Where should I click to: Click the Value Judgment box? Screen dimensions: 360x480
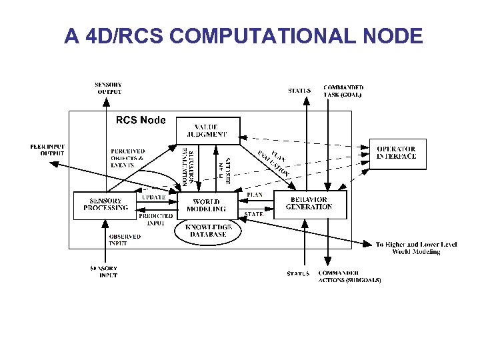210,131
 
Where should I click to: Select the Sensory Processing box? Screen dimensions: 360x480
106,205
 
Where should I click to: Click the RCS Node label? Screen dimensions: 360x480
141,121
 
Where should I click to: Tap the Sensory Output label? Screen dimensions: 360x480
109,88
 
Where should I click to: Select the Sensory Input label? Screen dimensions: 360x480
105,272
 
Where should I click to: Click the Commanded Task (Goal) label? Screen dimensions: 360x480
343,91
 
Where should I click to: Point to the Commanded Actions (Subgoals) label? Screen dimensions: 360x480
349,277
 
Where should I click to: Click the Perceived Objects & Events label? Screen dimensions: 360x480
128,158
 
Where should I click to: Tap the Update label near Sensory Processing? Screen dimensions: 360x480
154,197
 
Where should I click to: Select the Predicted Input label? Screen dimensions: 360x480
155,219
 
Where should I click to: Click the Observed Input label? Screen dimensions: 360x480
125,239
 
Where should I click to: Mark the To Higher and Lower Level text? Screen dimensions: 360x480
416,248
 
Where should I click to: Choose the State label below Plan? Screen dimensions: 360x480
254,215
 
